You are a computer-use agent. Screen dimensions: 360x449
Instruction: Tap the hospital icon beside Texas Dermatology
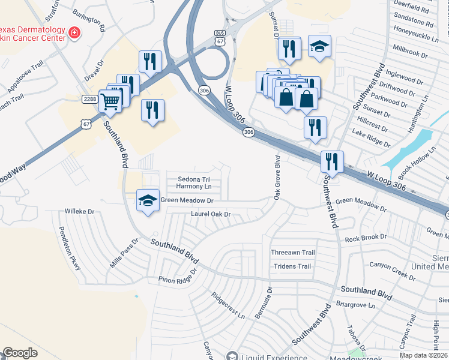[74, 33]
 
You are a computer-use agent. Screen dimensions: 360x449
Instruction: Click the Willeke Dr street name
[80, 212]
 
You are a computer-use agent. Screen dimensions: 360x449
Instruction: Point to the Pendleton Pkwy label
[70, 248]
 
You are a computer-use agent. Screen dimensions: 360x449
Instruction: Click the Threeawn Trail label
[292, 253]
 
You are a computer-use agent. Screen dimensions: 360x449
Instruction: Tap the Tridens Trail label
[292, 266]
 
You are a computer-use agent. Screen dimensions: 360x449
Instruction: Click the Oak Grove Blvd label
[277, 178]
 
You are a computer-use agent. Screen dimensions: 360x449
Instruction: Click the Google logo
[20, 353]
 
